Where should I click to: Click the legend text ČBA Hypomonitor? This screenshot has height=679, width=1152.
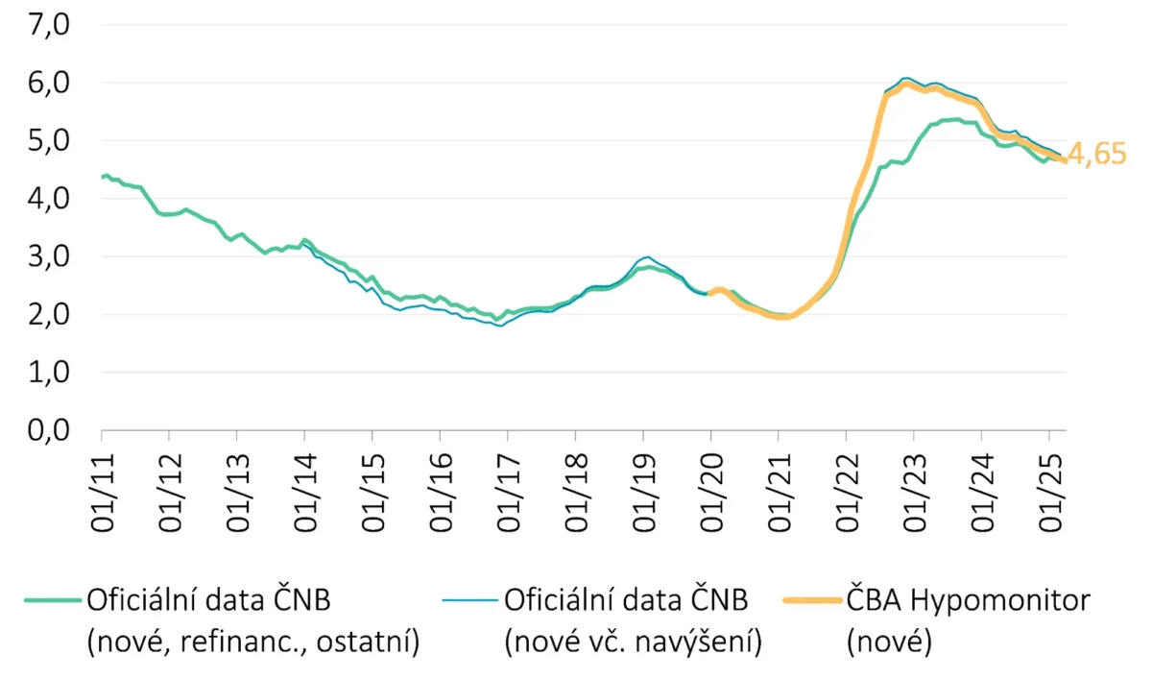[x=969, y=601]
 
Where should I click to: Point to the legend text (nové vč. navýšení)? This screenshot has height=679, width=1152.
[x=633, y=642]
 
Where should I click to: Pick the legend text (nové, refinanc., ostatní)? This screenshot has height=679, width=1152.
[x=253, y=642]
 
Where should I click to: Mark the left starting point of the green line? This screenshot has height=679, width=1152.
[x=103, y=177]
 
